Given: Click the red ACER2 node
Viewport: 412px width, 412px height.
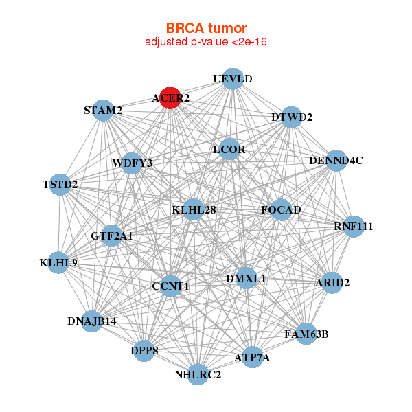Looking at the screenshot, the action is [170, 98].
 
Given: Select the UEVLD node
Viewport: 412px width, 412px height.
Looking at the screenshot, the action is [232, 79].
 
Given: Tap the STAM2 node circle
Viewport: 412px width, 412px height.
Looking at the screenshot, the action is [103, 111].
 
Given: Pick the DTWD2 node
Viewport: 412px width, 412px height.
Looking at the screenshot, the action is [292, 117].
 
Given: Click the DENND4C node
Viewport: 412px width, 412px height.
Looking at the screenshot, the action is [336, 161].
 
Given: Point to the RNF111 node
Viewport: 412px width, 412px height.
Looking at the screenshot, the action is [353, 227].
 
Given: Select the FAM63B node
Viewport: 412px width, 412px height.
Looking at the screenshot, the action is [306, 334].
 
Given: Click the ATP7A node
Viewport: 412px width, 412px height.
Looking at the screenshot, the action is [252, 357].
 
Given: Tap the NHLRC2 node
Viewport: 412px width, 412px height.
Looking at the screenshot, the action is [198, 374].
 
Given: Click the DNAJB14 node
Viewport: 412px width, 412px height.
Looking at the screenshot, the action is [93, 321].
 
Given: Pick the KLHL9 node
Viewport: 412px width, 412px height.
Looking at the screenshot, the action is [58, 262].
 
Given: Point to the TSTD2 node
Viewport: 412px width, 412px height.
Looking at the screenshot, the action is [60, 185].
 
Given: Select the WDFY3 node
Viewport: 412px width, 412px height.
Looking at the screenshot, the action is [132, 163].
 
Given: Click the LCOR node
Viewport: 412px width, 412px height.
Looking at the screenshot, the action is [229, 149].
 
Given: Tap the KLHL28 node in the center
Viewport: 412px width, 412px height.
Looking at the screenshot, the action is [194, 209].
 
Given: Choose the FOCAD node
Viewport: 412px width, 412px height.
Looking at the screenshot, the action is [281, 209].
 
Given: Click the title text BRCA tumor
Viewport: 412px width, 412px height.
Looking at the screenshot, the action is [206, 28].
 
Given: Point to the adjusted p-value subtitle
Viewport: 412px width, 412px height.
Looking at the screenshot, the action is [206, 42].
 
